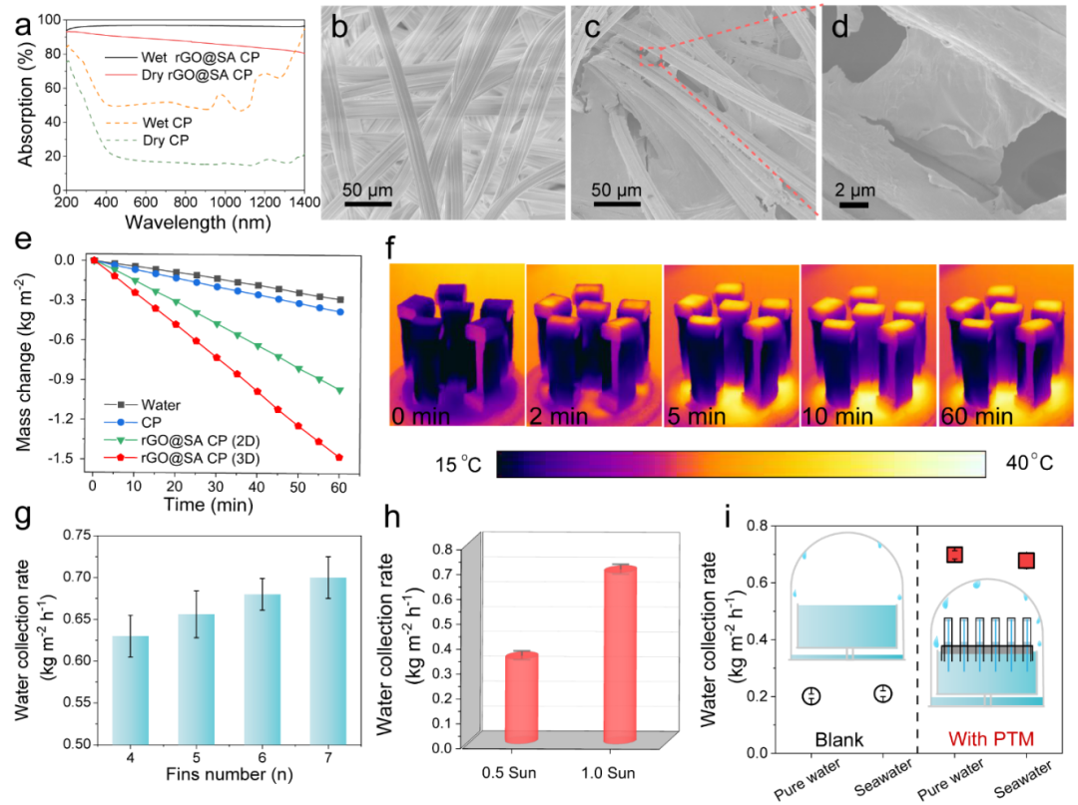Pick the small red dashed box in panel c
[651, 59]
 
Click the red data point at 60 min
[340, 458]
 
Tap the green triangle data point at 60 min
[340, 390]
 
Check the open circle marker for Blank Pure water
[811, 695]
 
